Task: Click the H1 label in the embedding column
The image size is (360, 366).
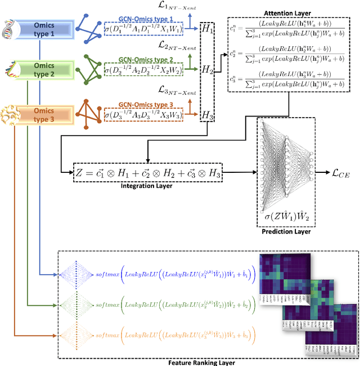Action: pyautogui.click(x=208, y=28)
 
